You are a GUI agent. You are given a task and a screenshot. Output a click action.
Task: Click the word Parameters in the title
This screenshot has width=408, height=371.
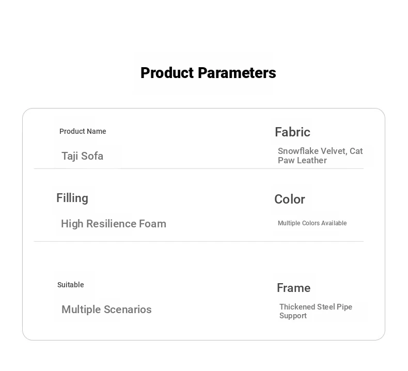click(237, 73)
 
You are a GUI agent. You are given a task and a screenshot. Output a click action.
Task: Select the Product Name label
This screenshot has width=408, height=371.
click(83, 131)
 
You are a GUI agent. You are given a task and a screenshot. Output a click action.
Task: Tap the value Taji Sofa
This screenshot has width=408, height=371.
click(82, 156)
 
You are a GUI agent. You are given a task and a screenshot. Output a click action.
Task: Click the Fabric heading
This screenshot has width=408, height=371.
click(292, 132)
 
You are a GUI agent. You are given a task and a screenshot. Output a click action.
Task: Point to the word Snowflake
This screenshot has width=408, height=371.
click(298, 151)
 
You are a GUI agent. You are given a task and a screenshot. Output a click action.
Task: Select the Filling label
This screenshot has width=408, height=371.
click(72, 198)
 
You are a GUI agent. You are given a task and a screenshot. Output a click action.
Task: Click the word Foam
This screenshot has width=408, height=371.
click(152, 224)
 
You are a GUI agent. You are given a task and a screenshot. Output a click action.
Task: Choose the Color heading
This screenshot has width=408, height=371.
click(290, 199)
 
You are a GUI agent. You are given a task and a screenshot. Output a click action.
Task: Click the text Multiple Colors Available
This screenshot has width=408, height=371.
click(312, 223)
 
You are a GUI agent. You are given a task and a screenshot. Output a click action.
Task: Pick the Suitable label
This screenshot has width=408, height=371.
click(71, 285)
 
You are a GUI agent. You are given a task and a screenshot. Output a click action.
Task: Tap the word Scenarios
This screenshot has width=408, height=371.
click(128, 310)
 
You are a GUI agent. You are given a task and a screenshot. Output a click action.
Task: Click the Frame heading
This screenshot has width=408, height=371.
click(293, 288)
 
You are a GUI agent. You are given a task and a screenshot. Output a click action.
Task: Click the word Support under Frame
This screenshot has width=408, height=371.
click(293, 316)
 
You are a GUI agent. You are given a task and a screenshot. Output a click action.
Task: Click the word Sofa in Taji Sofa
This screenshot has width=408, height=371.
click(92, 156)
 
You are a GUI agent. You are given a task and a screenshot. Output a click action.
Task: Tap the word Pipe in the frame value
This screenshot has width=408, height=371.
click(344, 307)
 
